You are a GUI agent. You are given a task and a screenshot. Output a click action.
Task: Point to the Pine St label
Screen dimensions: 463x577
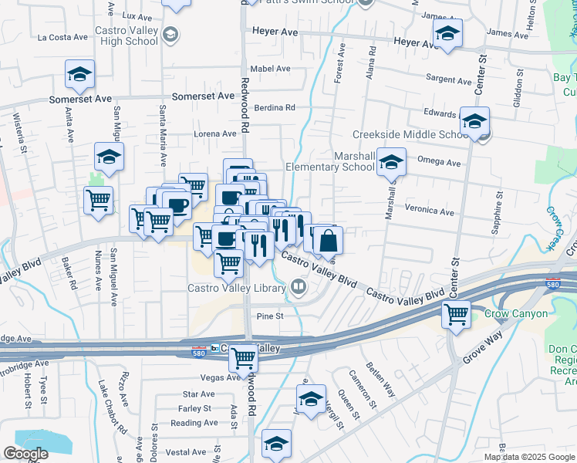[270, 316]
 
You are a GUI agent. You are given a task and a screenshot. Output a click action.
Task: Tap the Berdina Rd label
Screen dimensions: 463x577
[275, 107]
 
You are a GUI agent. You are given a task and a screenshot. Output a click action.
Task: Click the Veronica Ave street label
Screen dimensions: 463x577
[429, 211]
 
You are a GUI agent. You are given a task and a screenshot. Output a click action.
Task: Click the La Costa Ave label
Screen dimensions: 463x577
[63, 36]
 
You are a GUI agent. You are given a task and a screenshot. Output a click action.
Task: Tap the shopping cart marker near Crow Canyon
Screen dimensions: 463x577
[456, 313]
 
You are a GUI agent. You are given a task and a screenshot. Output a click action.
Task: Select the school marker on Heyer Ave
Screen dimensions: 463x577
[446, 33]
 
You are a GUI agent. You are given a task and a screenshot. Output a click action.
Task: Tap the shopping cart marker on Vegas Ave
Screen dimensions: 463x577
[244, 357]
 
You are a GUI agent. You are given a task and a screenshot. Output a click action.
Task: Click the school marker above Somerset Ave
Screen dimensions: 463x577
[79, 74]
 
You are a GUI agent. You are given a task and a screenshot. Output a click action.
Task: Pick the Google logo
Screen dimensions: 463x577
[25, 453]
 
